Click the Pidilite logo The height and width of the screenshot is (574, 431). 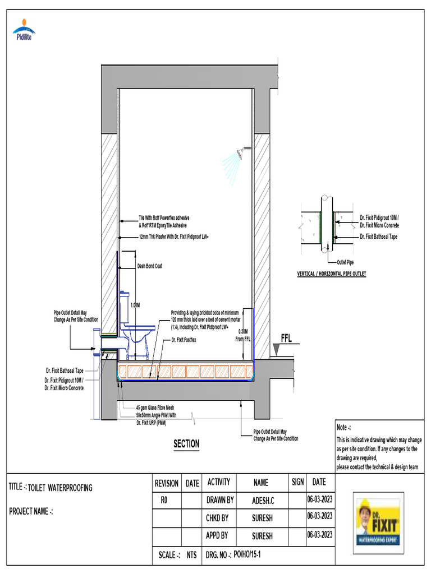[x=24, y=30]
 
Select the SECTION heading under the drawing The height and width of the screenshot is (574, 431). [x=186, y=444]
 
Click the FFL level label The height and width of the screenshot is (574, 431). [x=286, y=339]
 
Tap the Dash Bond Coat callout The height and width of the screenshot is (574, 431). [x=150, y=266]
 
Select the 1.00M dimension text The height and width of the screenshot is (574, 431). [x=135, y=305]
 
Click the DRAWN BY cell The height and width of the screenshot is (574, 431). [x=220, y=500]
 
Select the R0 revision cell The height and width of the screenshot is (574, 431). [x=164, y=500]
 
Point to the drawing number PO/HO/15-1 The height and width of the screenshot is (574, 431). [x=247, y=554]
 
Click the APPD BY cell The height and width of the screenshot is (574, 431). [x=217, y=535]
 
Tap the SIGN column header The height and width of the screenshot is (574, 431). [x=297, y=482]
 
